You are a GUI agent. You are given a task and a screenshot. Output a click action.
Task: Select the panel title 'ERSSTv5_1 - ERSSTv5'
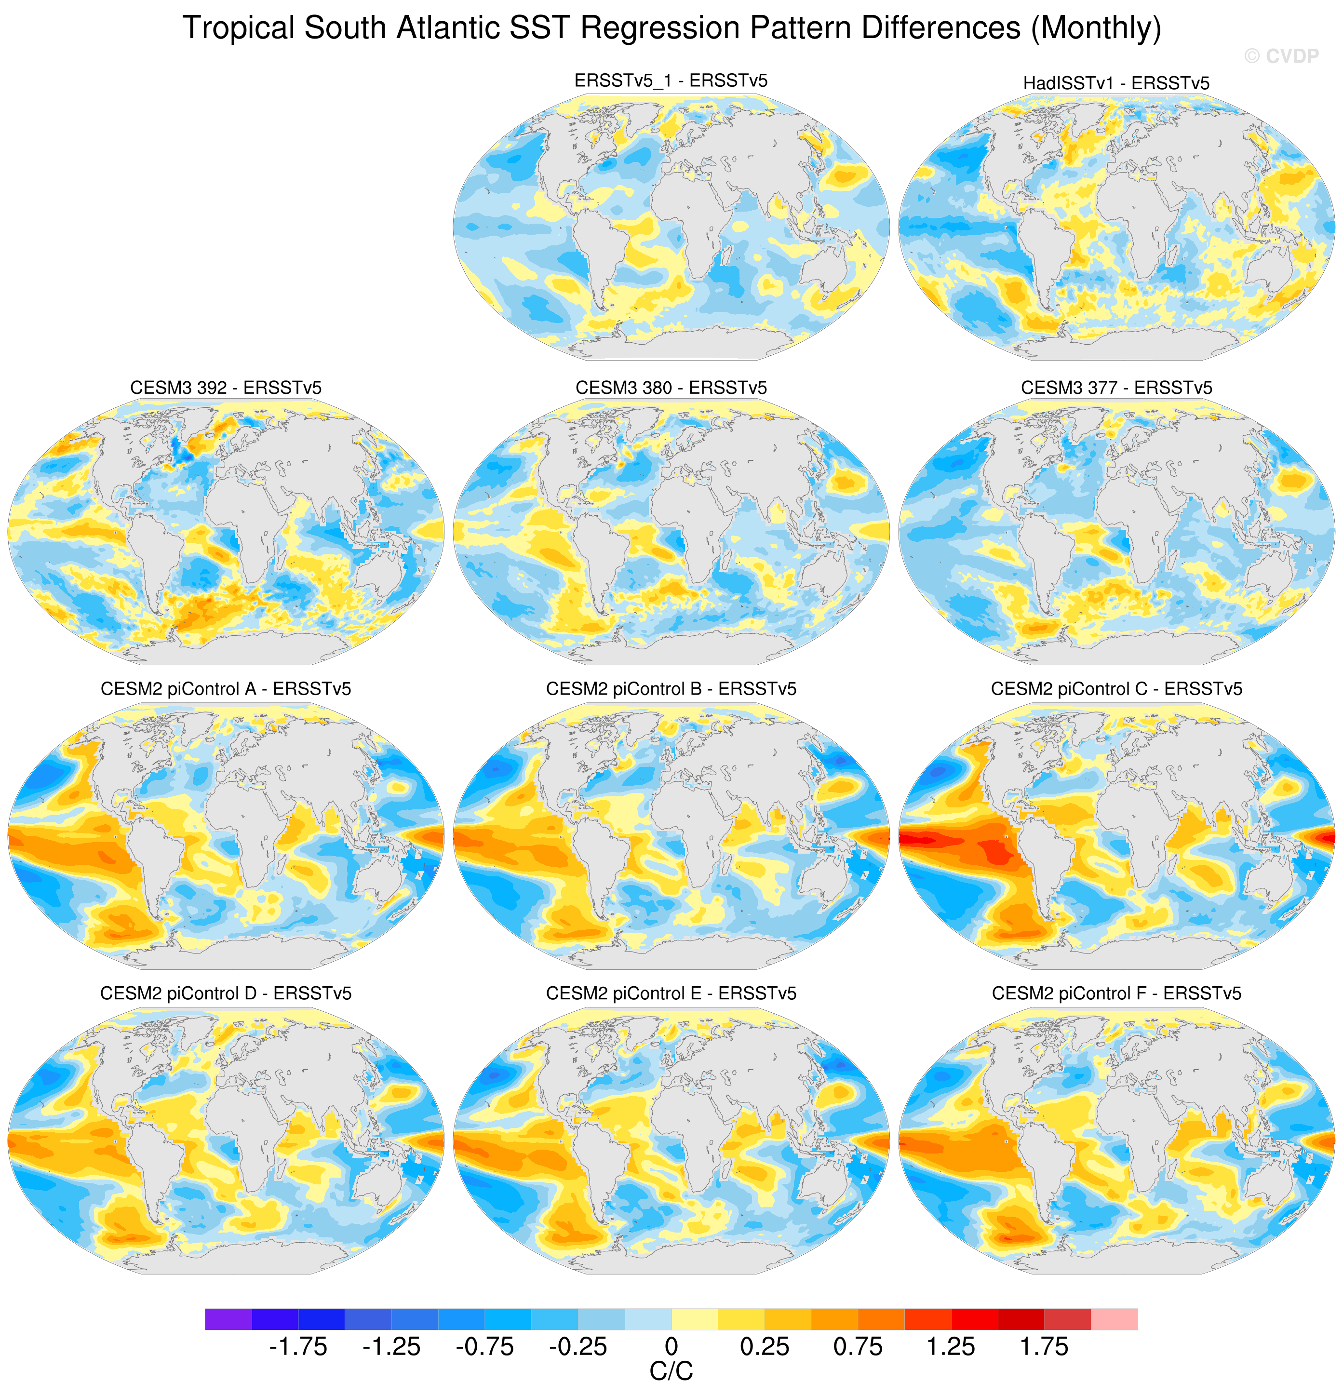pyautogui.click(x=671, y=80)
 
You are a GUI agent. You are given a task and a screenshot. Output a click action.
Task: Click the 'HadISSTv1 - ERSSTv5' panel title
pyautogui.click(x=1116, y=83)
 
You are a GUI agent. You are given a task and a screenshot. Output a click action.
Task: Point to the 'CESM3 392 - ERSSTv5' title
pyautogui.click(x=226, y=388)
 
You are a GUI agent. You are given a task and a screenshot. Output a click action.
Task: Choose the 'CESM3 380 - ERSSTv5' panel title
pyautogui.click(x=671, y=388)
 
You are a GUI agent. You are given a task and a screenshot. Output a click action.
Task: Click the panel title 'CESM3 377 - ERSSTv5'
pyautogui.click(x=1116, y=388)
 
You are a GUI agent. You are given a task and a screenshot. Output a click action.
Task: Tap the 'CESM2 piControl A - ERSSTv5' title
pyautogui.click(x=226, y=689)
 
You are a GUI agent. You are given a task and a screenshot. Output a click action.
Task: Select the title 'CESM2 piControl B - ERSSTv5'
pyautogui.click(x=671, y=689)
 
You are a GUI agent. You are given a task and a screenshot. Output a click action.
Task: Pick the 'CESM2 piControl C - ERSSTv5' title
pyautogui.click(x=1116, y=689)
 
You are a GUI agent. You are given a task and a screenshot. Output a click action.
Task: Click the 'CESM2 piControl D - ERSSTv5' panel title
pyautogui.click(x=226, y=993)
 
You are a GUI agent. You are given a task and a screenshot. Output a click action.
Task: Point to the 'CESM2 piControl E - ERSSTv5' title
pyautogui.click(x=671, y=993)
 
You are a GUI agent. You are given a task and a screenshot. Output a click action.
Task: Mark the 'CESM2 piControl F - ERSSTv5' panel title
pyautogui.click(x=1116, y=993)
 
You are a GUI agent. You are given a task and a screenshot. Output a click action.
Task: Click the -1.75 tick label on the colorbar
pyautogui.click(x=297, y=1347)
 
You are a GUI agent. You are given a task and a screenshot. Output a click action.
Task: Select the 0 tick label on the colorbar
pyautogui.click(x=671, y=1347)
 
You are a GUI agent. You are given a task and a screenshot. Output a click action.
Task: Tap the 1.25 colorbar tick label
pyautogui.click(x=951, y=1347)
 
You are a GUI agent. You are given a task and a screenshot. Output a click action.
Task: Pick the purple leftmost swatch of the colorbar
pyautogui.click(x=228, y=1319)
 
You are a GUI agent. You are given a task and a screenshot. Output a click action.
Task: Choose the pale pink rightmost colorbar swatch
pyautogui.click(x=1114, y=1319)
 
